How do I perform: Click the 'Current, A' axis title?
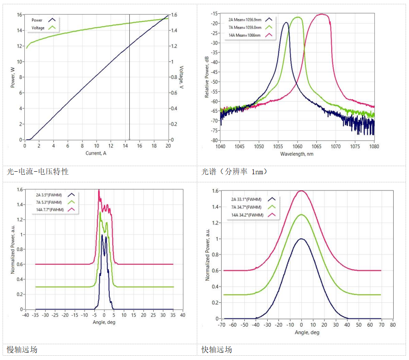pos(96,153)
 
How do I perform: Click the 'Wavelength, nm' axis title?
pos(297,154)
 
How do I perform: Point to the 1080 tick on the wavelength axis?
pos(374,146)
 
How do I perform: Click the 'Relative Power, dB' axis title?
pos(207,77)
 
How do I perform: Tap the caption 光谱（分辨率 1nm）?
pos(234,172)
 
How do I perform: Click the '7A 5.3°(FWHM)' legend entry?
pos(50,202)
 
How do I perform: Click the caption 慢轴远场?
pos(22,350)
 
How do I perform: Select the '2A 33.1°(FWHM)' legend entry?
pos(246,199)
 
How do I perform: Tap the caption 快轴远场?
pos(217,350)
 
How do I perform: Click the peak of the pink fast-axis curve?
pos(302,191)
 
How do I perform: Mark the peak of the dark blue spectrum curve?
pos(286,23)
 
